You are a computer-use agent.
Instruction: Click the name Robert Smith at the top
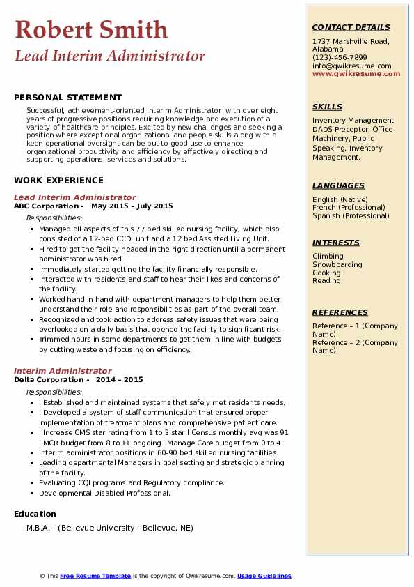pos(91,29)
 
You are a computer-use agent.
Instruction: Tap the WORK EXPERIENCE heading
pos(58,180)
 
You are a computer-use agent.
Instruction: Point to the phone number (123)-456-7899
pos(340,58)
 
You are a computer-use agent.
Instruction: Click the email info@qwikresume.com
pos(351,66)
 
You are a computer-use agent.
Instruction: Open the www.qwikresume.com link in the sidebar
pos(356,73)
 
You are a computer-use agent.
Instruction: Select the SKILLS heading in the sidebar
pos(327,107)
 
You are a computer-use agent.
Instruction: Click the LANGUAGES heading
pos(338,185)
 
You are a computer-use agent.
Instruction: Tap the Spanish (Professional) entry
pos(351,215)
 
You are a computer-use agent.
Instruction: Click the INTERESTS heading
pos(336,243)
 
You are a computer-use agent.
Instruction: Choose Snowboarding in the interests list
pos(337,265)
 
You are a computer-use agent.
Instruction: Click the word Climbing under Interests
pos(328,257)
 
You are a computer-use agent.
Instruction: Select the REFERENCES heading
pos(340,312)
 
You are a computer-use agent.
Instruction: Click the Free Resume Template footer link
pos(95,576)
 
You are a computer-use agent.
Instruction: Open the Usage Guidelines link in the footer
pos(264,576)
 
